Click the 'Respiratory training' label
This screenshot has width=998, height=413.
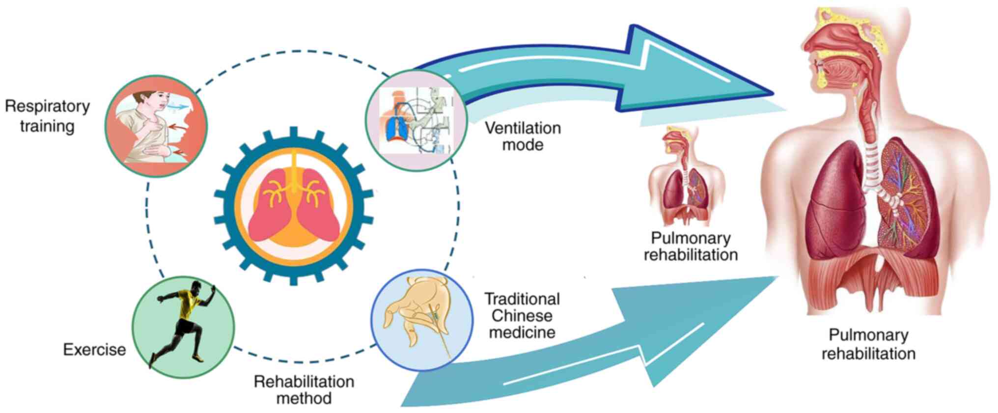47,116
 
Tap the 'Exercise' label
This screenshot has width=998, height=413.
94,350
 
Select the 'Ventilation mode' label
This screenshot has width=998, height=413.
523,137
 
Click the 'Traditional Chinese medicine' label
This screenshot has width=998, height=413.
522,316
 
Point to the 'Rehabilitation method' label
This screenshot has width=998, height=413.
304,389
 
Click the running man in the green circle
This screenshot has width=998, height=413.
183,327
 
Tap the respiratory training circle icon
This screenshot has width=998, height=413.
156,126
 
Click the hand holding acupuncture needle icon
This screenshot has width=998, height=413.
421,320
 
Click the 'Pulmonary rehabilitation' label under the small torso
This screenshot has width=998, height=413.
691,247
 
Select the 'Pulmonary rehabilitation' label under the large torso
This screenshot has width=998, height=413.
868,344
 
